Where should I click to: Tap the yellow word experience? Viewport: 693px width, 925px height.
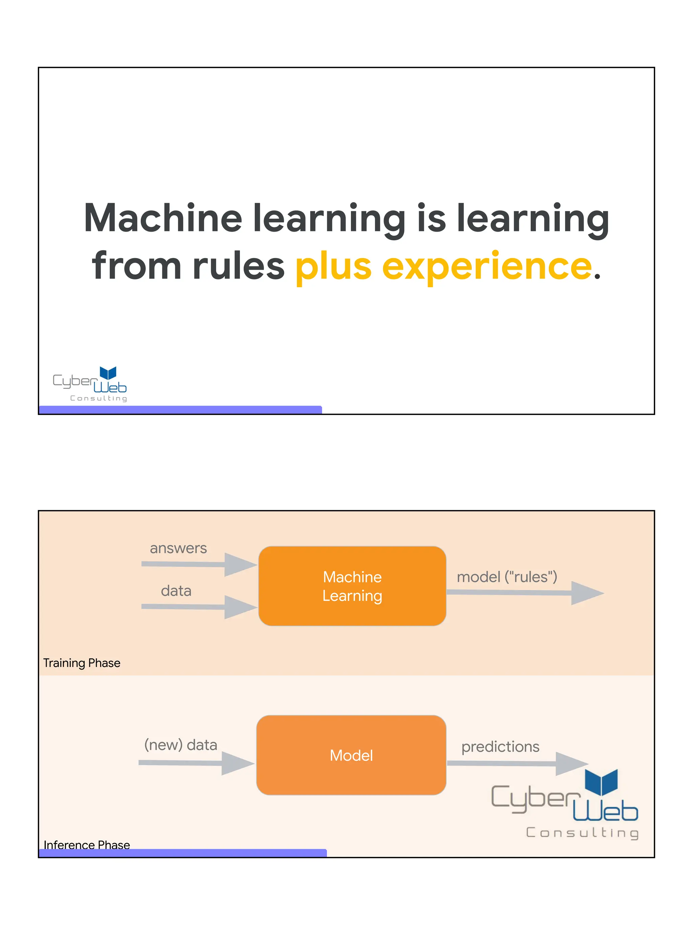487,266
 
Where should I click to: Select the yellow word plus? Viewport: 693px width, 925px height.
333,266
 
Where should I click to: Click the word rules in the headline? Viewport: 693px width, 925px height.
239,266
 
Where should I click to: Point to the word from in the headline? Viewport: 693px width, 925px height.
137,266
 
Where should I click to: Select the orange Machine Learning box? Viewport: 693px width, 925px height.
352,586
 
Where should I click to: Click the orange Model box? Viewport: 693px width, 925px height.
351,755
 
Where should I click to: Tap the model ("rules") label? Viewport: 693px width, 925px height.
507,577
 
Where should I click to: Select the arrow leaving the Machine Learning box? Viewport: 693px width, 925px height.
524,592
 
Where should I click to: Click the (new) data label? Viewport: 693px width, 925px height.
180,745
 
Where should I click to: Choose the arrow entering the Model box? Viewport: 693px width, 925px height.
196,763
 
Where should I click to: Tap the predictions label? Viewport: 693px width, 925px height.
500,747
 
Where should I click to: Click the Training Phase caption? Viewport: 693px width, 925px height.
82,663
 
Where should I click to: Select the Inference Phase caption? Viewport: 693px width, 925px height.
87,845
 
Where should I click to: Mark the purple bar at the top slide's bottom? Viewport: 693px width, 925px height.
180,410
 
